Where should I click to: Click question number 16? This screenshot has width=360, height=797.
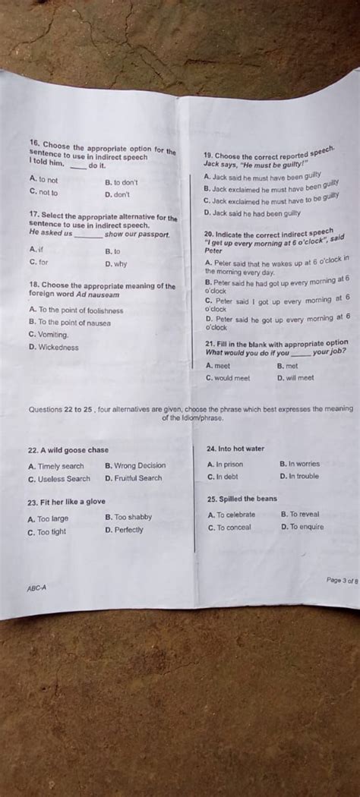point(33,142)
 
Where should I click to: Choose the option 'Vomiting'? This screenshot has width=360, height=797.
point(49,334)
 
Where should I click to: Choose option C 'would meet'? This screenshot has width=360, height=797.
point(228,377)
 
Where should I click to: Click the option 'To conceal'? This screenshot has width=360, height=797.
point(229,528)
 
